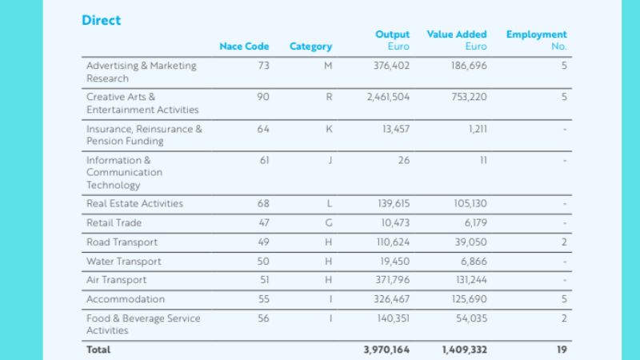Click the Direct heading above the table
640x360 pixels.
tap(102, 20)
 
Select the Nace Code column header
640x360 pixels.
tap(244, 46)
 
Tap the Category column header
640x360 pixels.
tap(310, 46)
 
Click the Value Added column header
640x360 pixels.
tap(457, 35)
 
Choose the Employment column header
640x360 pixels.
tap(536, 35)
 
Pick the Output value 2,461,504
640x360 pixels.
tap(387, 97)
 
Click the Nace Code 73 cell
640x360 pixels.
tap(263, 66)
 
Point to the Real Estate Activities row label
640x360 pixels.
tap(134, 203)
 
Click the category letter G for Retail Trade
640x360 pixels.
tap(328, 222)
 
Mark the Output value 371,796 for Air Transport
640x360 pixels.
tap(391, 280)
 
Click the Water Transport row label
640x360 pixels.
tap(123, 261)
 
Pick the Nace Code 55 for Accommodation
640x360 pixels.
tap(263, 299)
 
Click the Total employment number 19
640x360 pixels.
tap(561, 350)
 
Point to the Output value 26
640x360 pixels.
tap(403, 160)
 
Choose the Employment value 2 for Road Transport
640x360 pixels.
tap(563, 242)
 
